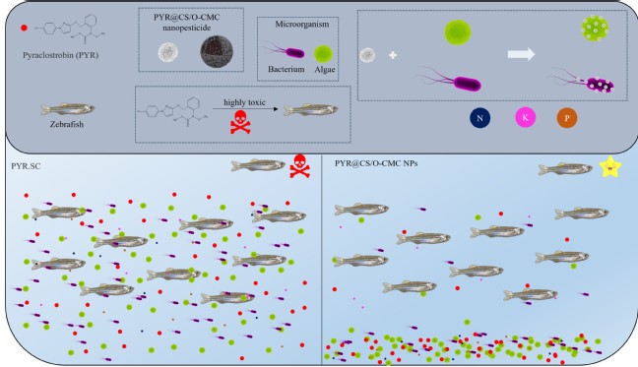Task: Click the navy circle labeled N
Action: coord(479,118)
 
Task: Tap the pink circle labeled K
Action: coord(526,118)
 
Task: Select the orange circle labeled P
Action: coord(567,118)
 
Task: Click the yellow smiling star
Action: coord(610,167)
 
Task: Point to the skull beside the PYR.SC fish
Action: coord(300,166)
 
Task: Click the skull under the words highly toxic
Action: coord(240,122)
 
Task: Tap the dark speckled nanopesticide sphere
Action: coord(217,51)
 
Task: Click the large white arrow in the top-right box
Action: coord(521,54)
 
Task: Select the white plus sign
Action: coord(393,55)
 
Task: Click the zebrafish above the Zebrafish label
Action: coord(68,109)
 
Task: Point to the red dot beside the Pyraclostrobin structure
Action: coord(24,28)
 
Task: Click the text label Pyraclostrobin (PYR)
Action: coord(61,55)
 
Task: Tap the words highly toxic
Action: coord(244,102)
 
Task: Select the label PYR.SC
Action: coord(26,166)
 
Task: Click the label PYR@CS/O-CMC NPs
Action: coord(376,163)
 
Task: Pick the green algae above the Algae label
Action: coord(324,54)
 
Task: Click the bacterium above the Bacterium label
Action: coord(285,51)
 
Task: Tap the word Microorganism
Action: coord(302,24)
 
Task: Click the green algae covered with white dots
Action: coord(595,29)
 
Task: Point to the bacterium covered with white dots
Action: coord(586,82)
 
